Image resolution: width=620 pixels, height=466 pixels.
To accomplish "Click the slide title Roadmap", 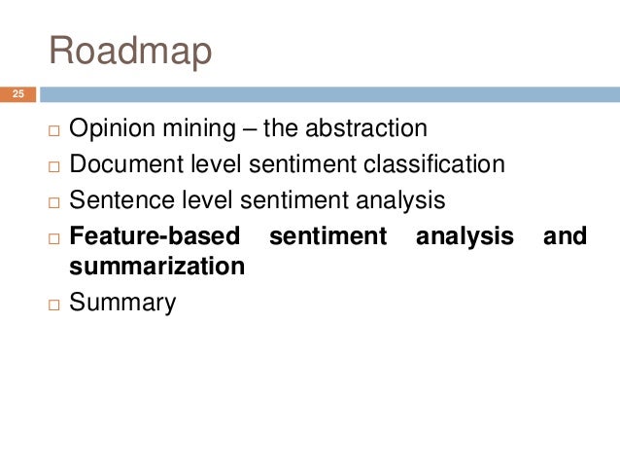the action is (130, 52).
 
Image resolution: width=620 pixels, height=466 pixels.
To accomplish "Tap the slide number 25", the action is (17, 94).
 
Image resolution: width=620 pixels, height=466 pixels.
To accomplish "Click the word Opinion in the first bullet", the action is (107, 128).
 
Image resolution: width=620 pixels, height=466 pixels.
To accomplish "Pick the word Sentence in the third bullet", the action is (117, 199).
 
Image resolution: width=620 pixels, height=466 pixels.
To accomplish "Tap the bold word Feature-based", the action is (155, 235).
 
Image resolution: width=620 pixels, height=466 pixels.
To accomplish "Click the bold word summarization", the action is (156, 265).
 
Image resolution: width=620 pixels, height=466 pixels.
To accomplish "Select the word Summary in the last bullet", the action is (122, 303).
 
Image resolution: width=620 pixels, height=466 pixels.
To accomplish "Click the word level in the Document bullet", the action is (214, 163).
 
